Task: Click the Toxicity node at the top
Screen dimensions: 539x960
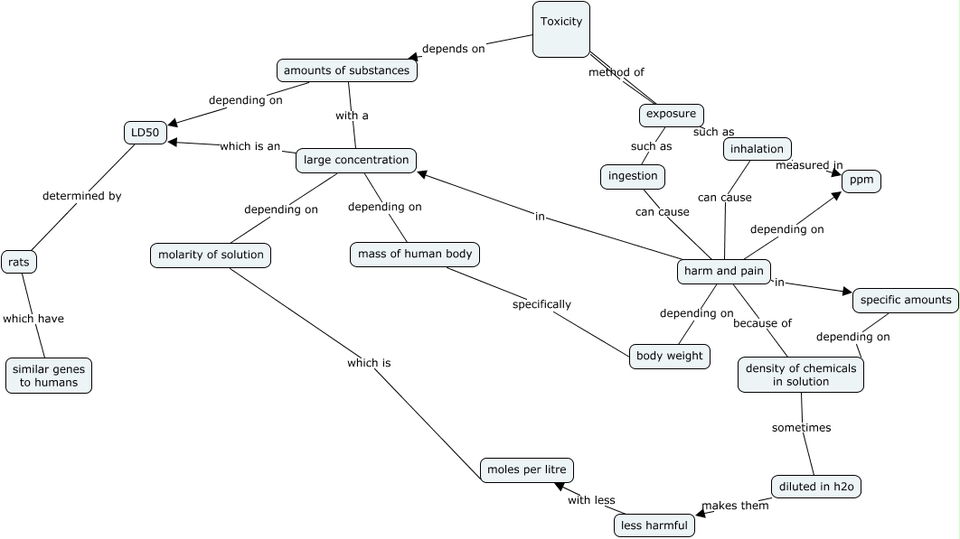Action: [x=560, y=30]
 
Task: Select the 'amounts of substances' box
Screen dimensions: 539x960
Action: [x=346, y=70]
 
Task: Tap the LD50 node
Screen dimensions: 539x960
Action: [x=145, y=133]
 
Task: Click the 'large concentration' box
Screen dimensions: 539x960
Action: [x=356, y=161]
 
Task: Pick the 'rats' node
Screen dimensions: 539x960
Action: [x=19, y=262]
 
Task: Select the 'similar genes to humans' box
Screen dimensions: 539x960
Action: [x=49, y=376]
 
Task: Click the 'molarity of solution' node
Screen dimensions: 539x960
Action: [x=211, y=256]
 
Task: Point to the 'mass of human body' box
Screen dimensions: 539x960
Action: [x=415, y=255]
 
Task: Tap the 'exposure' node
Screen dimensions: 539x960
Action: [x=671, y=115]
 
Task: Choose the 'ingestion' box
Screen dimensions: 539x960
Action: [x=633, y=176]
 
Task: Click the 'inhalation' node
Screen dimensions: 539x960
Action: [x=758, y=148]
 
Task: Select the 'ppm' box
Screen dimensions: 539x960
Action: [x=861, y=181]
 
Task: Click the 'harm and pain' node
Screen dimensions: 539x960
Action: [x=724, y=271]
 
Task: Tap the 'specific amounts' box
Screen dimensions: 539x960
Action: [x=905, y=300]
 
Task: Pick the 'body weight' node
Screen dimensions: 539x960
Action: [x=669, y=356]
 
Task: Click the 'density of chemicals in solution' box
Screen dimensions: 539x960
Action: [x=801, y=375]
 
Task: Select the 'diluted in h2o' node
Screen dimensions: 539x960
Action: [x=816, y=487]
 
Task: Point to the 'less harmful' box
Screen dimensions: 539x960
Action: [x=654, y=525]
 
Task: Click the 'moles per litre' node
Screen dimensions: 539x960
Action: [x=527, y=469]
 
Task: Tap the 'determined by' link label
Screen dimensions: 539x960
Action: [x=81, y=195]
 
